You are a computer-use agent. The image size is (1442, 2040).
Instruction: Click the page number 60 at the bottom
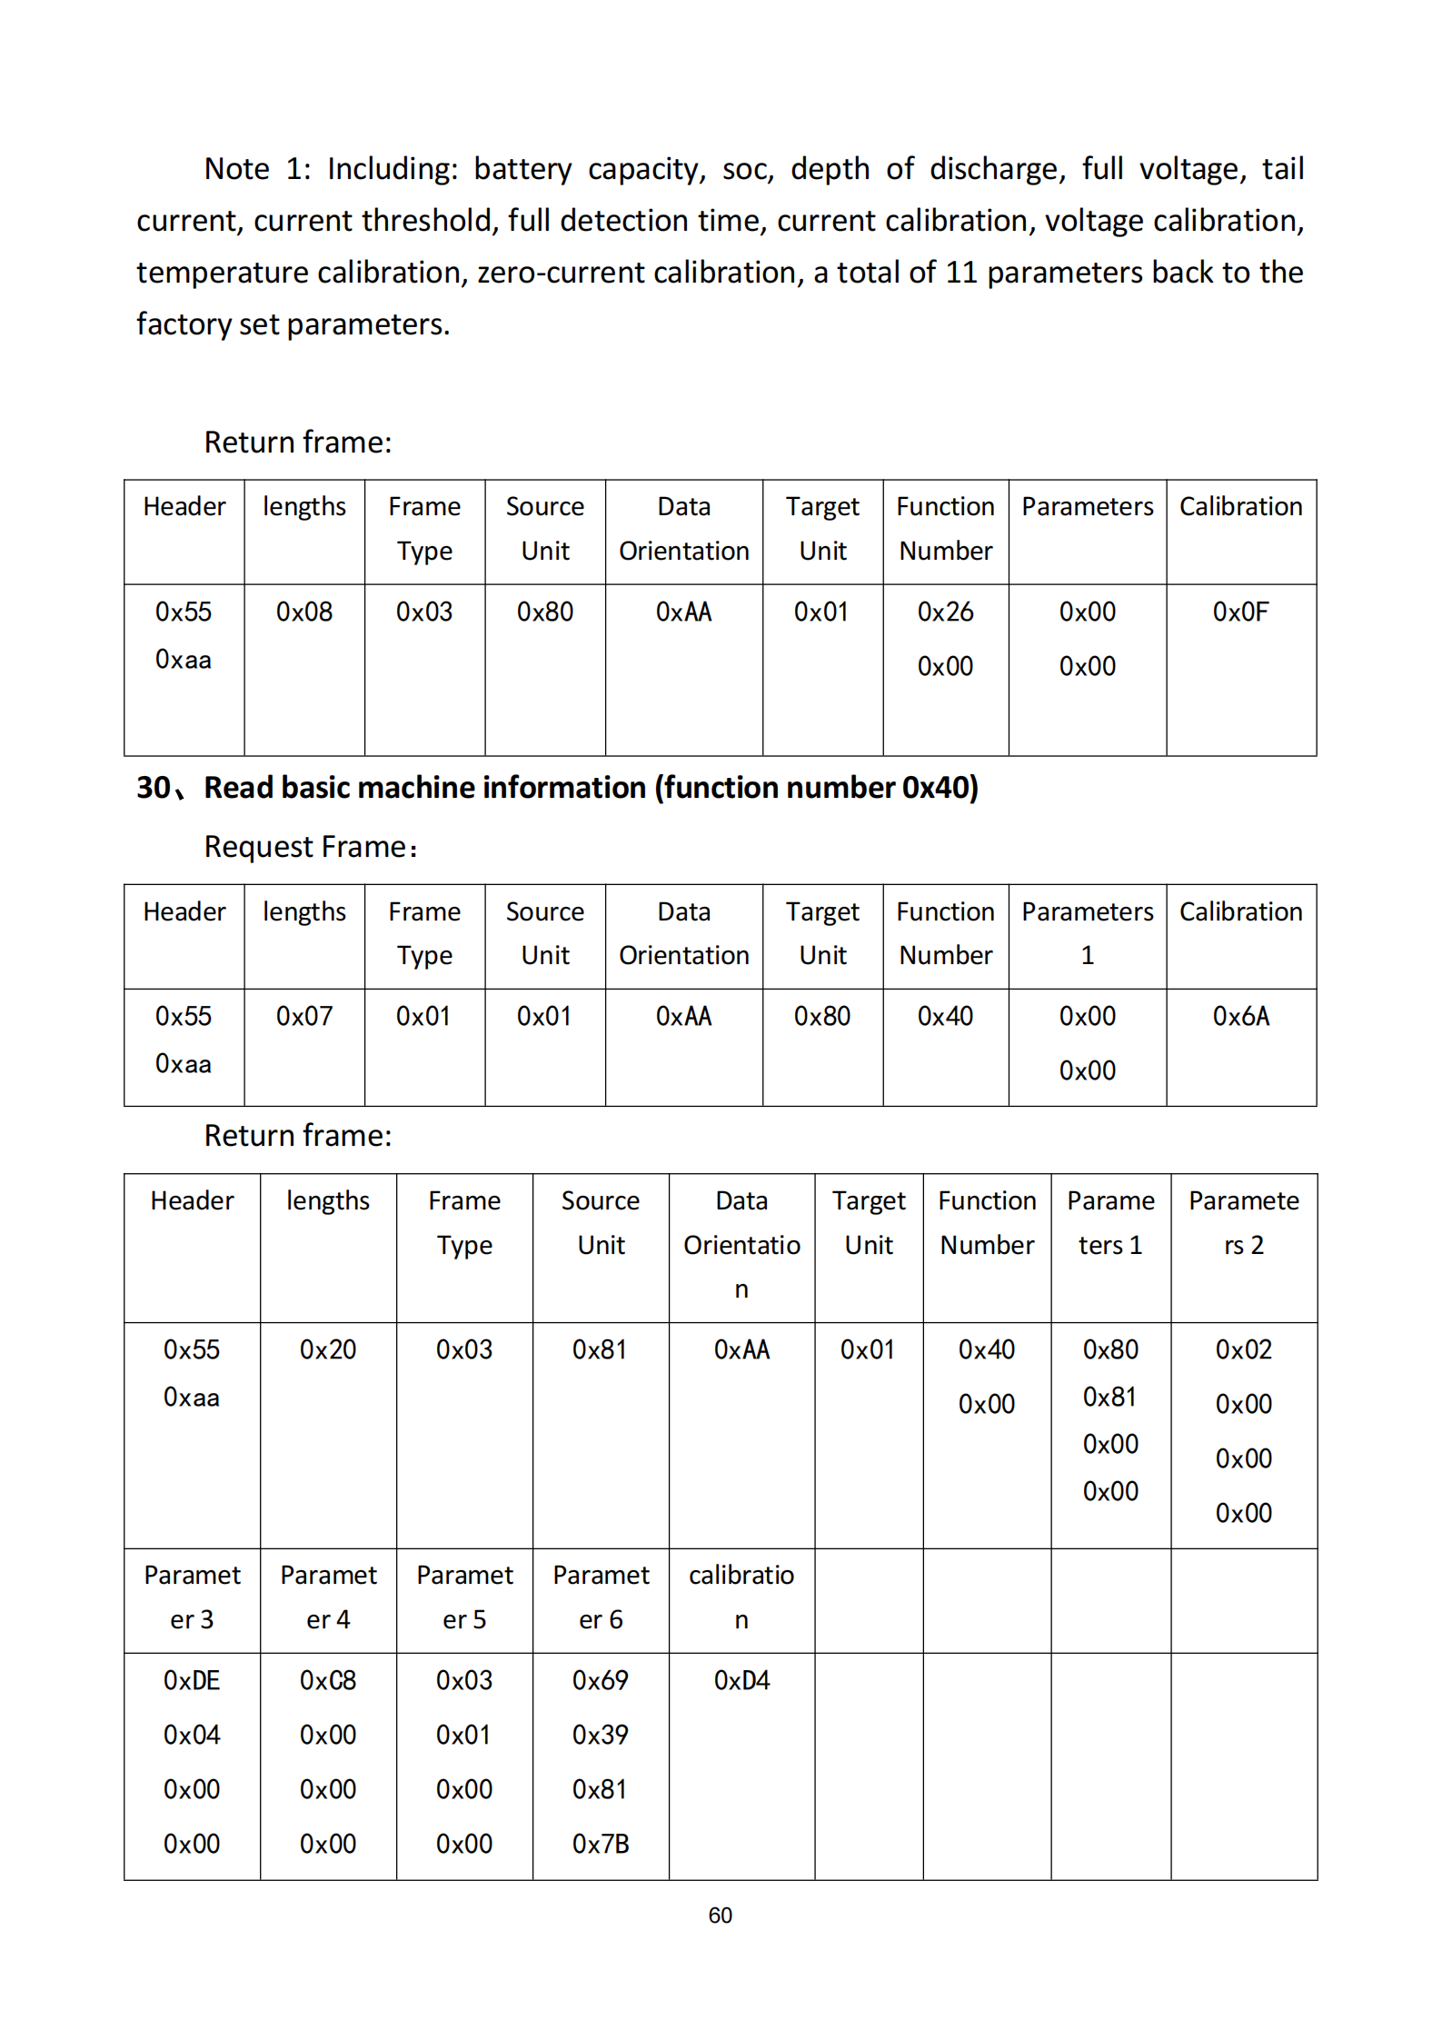tap(720, 1915)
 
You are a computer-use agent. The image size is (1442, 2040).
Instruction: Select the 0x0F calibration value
tap(1240, 612)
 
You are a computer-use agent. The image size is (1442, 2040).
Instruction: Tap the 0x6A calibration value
tap(1240, 1016)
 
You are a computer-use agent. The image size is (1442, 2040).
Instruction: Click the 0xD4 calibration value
tap(741, 1680)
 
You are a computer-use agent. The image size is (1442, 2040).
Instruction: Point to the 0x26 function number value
tap(945, 612)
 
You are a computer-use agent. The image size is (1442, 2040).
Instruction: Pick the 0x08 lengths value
tap(304, 612)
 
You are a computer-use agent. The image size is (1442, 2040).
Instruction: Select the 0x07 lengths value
tap(304, 1016)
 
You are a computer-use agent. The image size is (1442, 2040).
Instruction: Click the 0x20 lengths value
tap(328, 1349)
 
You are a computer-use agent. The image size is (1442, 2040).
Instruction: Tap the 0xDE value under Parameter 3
tap(192, 1680)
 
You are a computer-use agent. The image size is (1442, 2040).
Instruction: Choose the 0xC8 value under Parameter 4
tap(328, 1680)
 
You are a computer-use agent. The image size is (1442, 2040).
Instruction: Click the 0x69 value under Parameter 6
tap(601, 1680)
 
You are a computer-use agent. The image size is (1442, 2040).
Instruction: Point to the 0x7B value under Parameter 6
tap(601, 1844)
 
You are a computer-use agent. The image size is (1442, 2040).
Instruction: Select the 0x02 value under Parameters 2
tap(1243, 1349)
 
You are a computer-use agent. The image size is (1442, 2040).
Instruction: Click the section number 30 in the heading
tap(154, 787)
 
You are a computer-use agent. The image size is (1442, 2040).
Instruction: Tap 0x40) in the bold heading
tap(940, 787)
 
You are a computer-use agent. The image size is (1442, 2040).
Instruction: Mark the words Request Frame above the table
tap(304, 847)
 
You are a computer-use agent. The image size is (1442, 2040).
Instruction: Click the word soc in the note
tap(747, 169)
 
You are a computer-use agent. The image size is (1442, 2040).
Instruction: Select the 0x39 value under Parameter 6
tap(601, 1735)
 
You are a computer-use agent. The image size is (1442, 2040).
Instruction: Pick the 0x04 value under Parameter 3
tap(192, 1735)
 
